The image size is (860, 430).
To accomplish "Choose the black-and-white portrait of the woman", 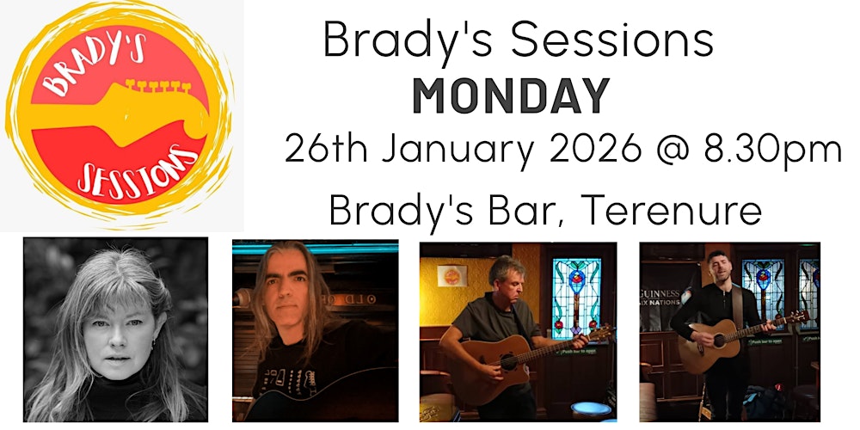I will click(x=115, y=330).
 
